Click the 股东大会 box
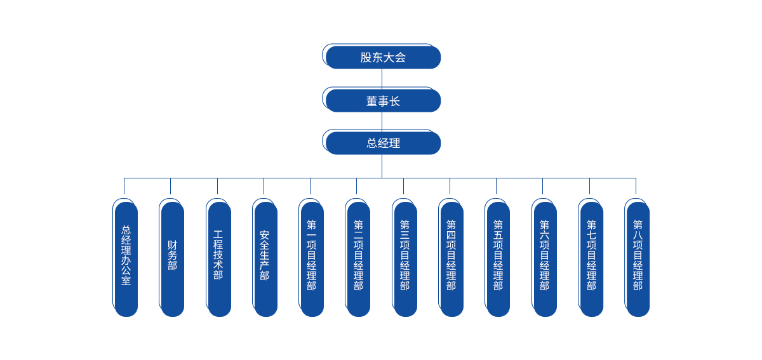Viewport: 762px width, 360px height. (383, 57)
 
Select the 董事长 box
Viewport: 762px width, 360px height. (383, 100)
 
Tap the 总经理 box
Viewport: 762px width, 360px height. (383, 143)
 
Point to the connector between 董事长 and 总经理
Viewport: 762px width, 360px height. (382, 121)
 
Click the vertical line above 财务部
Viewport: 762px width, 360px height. (170, 186)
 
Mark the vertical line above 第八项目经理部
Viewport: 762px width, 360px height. (636, 186)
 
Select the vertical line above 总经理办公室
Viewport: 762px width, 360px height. (124, 186)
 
